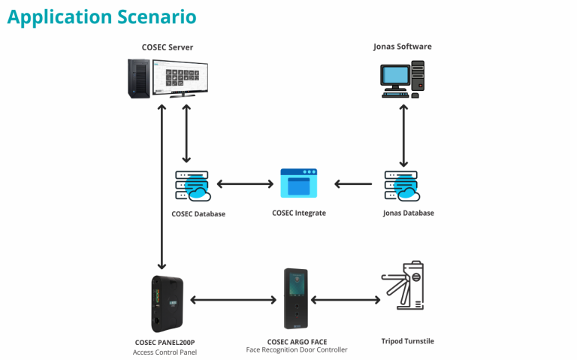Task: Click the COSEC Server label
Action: click(x=168, y=47)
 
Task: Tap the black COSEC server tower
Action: click(x=137, y=77)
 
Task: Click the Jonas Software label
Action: click(x=403, y=47)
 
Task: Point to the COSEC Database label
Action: click(x=198, y=214)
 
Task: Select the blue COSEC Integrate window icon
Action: click(x=299, y=183)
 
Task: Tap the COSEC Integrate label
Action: click(x=299, y=213)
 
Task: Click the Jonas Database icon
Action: click(x=402, y=185)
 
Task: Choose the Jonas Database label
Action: click(x=408, y=213)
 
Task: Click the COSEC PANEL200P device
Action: click(x=167, y=303)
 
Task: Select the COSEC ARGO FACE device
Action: click(x=296, y=298)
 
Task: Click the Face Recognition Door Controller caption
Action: click(x=297, y=350)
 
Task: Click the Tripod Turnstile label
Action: click(x=408, y=341)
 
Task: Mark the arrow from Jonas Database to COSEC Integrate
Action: click(x=353, y=183)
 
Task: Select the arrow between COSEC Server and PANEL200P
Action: click(x=161, y=188)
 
